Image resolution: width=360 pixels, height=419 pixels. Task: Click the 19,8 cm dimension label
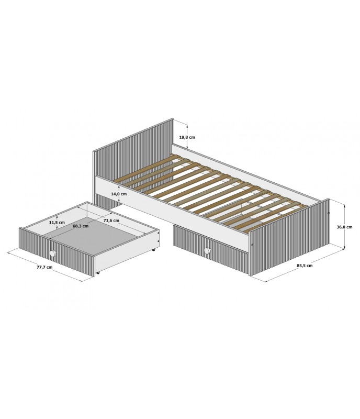pyautogui.click(x=187, y=137)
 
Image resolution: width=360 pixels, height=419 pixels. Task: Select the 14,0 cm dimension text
pyautogui.click(x=119, y=194)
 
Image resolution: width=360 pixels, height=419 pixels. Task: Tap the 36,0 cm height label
pyautogui.click(x=344, y=227)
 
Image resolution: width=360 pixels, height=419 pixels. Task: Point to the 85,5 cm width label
pyautogui.click(x=305, y=266)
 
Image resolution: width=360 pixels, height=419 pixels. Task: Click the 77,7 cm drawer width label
pyautogui.click(x=44, y=267)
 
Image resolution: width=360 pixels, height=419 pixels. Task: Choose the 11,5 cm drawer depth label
pyautogui.click(x=57, y=222)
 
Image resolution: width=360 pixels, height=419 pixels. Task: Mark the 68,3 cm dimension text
pyautogui.click(x=81, y=226)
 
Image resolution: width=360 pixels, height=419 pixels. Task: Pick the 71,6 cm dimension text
pyautogui.click(x=111, y=220)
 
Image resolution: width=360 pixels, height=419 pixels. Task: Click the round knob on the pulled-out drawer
pyautogui.click(x=53, y=253)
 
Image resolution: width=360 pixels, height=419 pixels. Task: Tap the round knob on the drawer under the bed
pyautogui.click(x=207, y=251)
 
